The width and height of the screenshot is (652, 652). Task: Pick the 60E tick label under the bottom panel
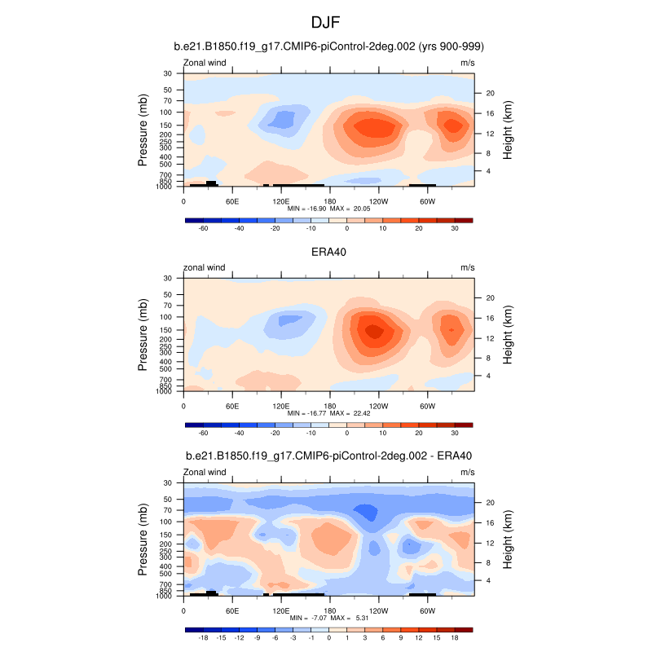(x=231, y=610)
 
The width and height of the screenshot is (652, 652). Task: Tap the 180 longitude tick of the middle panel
(x=330, y=405)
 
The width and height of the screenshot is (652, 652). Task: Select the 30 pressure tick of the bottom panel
(x=173, y=482)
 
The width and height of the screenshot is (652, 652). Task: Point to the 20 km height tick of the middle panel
(x=480, y=297)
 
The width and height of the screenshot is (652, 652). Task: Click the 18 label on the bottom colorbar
(x=456, y=637)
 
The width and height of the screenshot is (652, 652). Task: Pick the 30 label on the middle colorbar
(x=456, y=433)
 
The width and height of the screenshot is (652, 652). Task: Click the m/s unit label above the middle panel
(x=467, y=267)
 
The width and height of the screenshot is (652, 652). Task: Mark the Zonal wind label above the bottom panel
(x=205, y=471)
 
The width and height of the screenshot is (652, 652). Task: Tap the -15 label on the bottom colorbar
(x=221, y=637)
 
